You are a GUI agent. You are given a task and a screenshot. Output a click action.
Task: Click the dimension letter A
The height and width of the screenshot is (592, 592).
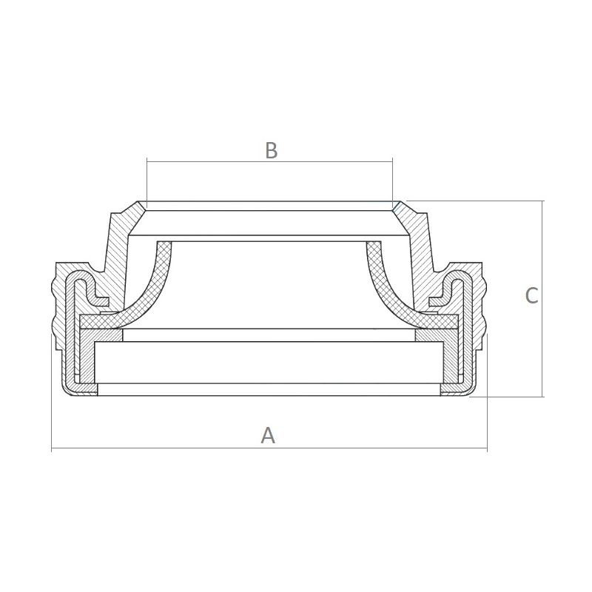click(x=268, y=435)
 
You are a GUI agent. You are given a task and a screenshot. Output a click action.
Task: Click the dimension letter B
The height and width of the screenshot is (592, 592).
click(x=272, y=150)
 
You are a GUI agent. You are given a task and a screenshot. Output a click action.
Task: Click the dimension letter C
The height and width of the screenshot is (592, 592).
click(x=531, y=295)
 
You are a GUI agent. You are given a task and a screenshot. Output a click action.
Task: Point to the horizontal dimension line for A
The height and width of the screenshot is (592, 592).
click(x=269, y=448)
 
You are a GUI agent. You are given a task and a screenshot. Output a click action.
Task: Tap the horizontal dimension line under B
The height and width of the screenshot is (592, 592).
click(x=270, y=162)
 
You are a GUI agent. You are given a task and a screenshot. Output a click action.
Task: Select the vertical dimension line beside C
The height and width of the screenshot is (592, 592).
click(x=542, y=299)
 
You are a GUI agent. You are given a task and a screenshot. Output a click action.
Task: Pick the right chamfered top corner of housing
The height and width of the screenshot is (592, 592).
click(x=397, y=206)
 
